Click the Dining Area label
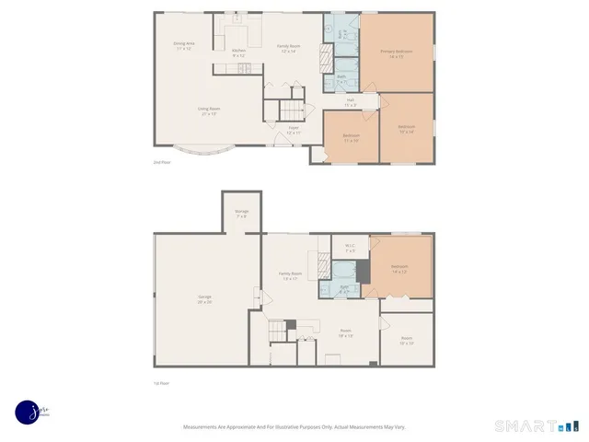[x=184, y=45]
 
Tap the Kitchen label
[x=238, y=52]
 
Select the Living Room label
[x=207, y=110]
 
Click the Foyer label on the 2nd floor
[x=293, y=130]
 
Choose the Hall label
[x=351, y=101]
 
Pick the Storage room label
[x=241, y=213]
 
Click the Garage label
[x=204, y=298]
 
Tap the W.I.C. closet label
[x=351, y=247]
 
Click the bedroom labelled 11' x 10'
[x=352, y=137]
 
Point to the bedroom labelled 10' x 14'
[x=406, y=128]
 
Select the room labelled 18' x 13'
[x=345, y=332]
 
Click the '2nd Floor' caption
[x=164, y=161]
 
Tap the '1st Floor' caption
[x=162, y=382]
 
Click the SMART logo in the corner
[x=535, y=425]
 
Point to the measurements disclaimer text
[x=294, y=426]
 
